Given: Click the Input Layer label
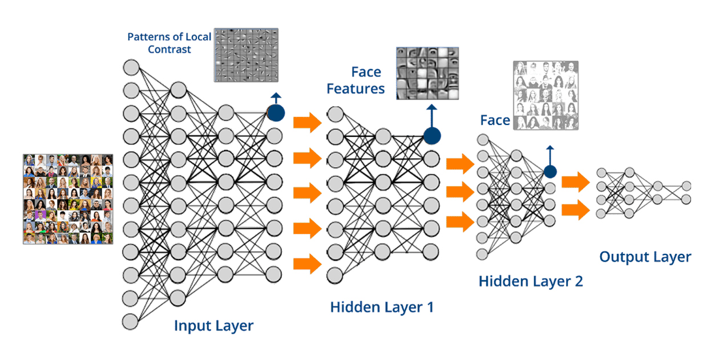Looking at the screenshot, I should tap(213, 326).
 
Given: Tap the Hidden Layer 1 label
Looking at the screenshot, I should tap(382, 307).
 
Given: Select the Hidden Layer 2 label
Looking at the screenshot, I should tap(531, 281).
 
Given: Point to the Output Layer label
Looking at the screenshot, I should tap(645, 257).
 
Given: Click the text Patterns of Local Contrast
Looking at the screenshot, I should tap(169, 43).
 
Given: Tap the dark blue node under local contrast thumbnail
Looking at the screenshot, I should tap(276, 112).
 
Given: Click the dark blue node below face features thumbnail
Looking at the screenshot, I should tap(432, 136).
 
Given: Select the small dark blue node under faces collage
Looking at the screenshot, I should tap(550, 171).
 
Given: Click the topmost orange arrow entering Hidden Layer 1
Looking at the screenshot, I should tap(307, 123).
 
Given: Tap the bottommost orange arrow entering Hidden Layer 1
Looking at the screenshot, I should tap(307, 264).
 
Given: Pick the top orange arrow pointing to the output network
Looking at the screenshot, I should tap(575, 183).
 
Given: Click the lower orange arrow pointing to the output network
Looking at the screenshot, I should tap(575, 209).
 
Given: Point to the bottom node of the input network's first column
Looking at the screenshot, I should tap(131, 321).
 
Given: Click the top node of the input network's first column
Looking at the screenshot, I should tap(131, 67).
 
